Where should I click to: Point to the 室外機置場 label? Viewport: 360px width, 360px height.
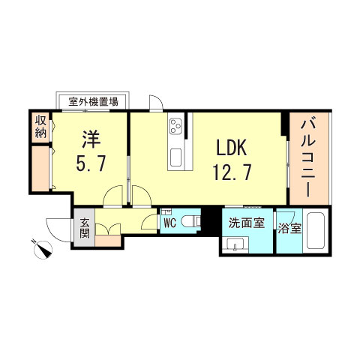pos(93,100)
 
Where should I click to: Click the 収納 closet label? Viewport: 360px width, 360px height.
pos(40,127)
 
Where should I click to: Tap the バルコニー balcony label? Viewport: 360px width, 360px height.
pos(310,157)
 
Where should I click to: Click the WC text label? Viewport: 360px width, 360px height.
pos(169,222)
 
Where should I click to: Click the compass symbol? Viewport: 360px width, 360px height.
pos(42,247)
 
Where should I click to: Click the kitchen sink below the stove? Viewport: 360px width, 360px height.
pos(176,158)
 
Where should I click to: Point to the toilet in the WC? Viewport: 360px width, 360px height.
pos(192,222)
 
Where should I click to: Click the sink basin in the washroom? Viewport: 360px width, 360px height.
pos(236,244)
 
